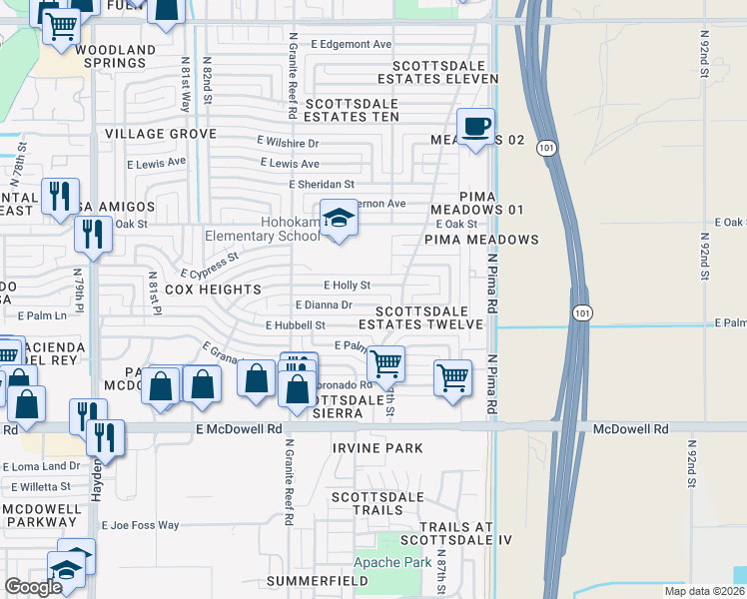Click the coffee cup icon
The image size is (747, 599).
(x=476, y=127)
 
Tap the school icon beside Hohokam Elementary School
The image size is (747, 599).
(x=340, y=222)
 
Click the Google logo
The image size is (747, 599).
(x=33, y=587)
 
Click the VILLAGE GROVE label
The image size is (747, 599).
(x=161, y=134)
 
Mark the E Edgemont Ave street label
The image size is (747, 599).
(x=351, y=44)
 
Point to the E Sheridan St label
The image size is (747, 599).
(x=322, y=185)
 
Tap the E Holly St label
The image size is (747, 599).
(x=347, y=286)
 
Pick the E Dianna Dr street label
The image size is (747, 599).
(x=324, y=305)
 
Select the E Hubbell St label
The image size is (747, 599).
(x=296, y=325)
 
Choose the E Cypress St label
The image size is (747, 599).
(x=210, y=265)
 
